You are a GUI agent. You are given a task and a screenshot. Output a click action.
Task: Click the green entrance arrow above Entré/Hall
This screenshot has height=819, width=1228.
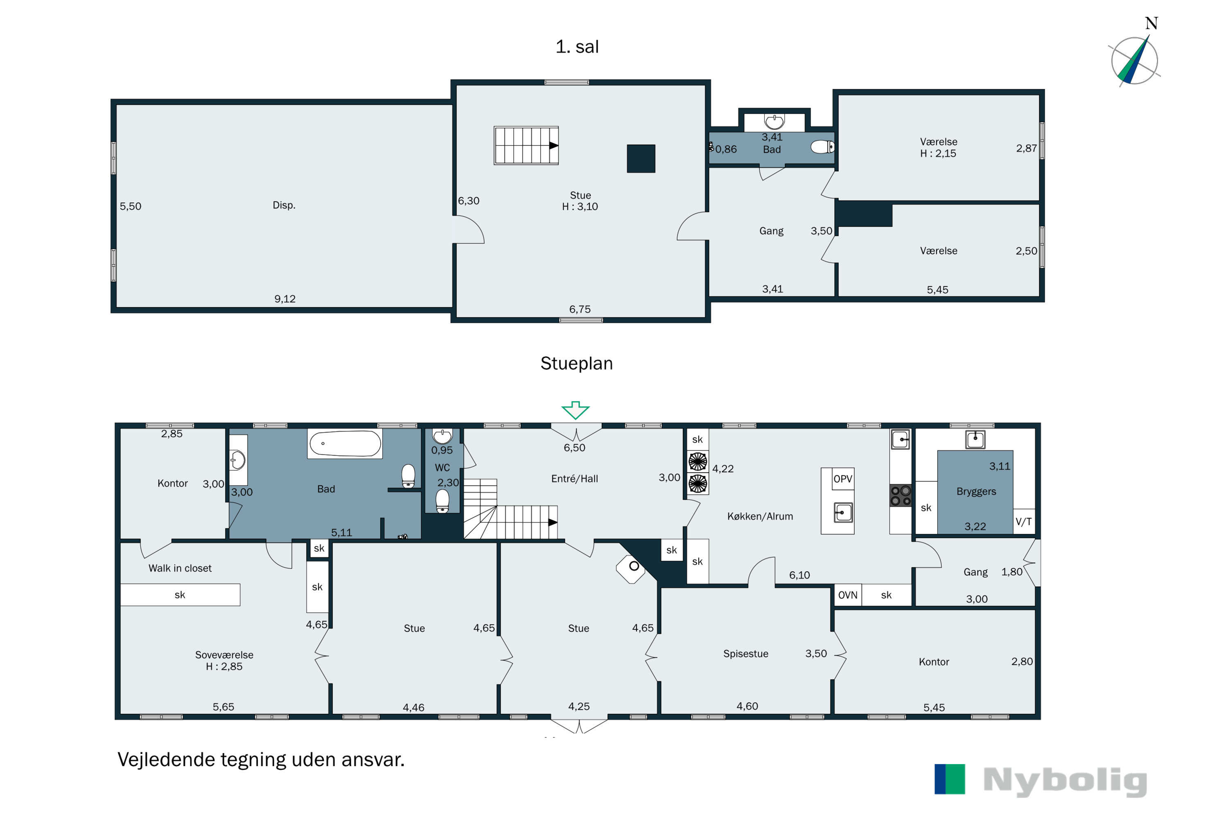[x=576, y=410]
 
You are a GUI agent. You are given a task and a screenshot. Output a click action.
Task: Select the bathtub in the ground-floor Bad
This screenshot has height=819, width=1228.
[x=345, y=444]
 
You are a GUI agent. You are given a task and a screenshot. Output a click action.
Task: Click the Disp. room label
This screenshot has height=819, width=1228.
[x=284, y=205]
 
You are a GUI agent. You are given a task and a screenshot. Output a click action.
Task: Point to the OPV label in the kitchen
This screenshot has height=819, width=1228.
[x=843, y=479]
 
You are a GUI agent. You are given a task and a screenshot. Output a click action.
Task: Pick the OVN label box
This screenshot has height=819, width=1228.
[x=848, y=595]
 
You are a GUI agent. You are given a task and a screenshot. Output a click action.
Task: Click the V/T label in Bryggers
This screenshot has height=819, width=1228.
[x=1024, y=521]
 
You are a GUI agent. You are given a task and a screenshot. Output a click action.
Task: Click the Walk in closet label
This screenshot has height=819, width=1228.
[x=180, y=568]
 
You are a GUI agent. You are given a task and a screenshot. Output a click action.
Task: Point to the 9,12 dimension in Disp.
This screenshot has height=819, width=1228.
[x=285, y=299]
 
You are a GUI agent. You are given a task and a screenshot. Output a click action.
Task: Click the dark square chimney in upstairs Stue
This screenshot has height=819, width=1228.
[x=641, y=158]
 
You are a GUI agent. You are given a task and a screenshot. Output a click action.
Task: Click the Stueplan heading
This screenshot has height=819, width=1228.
[x=576, y=364]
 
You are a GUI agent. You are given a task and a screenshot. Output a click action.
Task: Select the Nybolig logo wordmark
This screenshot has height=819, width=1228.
[x=1065, y=782]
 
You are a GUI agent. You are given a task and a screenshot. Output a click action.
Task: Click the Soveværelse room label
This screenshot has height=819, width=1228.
[x=224, y=655]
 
